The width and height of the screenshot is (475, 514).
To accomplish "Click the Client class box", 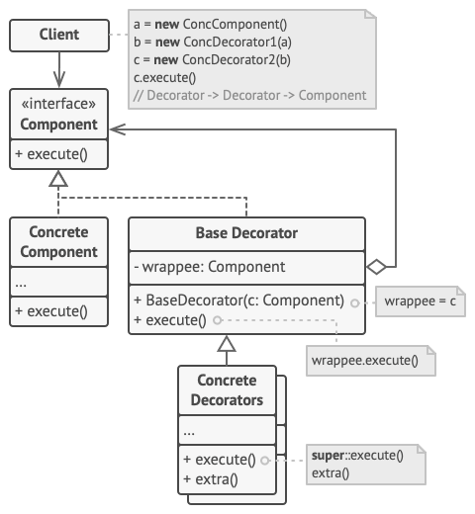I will click(59, 37).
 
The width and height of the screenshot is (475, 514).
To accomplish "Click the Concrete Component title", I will click(59, 241).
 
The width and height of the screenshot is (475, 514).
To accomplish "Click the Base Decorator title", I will click(246, 233).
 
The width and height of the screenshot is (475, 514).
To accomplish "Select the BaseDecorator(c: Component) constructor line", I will click(237, 300).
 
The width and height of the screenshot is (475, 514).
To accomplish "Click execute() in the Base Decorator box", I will click(169, 319).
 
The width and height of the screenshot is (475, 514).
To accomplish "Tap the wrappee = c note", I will click(420, 300).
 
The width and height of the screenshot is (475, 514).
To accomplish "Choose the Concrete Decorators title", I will click(227, 389).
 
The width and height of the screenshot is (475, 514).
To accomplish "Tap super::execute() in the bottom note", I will click(356, 456).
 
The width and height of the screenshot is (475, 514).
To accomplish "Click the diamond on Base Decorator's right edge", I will click(376, 266).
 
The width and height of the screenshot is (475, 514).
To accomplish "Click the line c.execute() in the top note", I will click(163, 77).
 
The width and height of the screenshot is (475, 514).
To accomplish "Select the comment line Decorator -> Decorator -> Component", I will click(249, 95).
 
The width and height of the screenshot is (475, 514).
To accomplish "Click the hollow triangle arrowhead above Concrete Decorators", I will click(227, 345).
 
